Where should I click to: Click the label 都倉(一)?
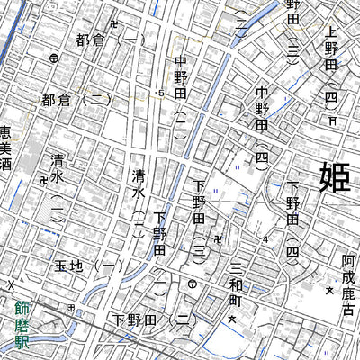[x=109, y=40]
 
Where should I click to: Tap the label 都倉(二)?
[x=76, y=101]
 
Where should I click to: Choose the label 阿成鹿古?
[x=348, y=285]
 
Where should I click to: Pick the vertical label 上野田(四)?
[x=331, y=67]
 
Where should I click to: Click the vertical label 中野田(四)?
[x=262, y=125]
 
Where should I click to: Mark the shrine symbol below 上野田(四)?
[x=332, y=120]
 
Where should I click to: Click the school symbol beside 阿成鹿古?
[x=328, y=292]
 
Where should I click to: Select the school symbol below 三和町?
[x=231, y=320]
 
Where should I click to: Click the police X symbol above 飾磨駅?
[x=12, y=286]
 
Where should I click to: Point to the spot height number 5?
[x=162, y=93]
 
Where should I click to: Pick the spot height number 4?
[x=266, y=239]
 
